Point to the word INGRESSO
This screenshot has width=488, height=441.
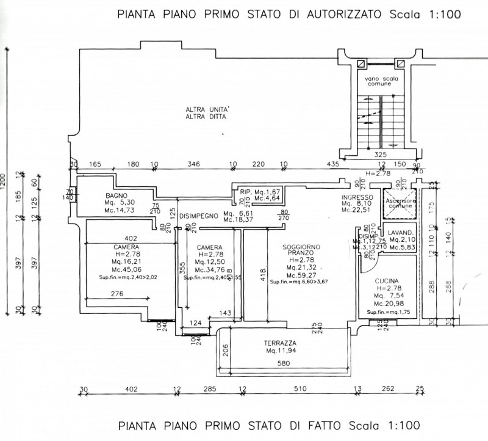click(357, 197)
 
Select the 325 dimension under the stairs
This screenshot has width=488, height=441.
click(381, 155)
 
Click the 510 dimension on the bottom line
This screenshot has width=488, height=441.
click(301, 388)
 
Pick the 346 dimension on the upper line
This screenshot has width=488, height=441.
click(194, 164)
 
